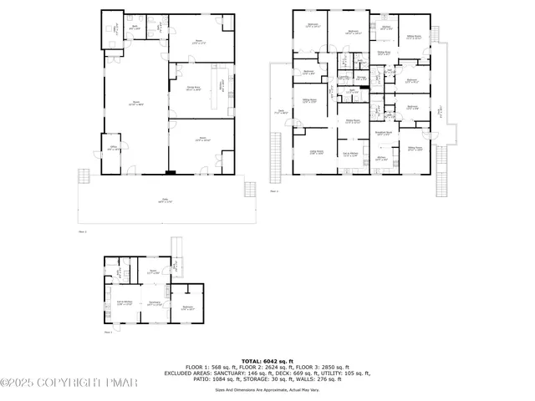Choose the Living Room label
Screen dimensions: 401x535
point(317,152)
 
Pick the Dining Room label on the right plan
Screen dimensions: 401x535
point(353,121)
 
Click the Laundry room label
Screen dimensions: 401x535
point(344,78)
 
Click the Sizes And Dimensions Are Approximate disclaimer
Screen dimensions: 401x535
point(267,389)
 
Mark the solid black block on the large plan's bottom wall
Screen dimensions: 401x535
point(171,173)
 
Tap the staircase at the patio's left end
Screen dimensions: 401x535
point(83,177)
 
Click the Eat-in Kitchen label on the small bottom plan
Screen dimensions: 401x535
point(125,303)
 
